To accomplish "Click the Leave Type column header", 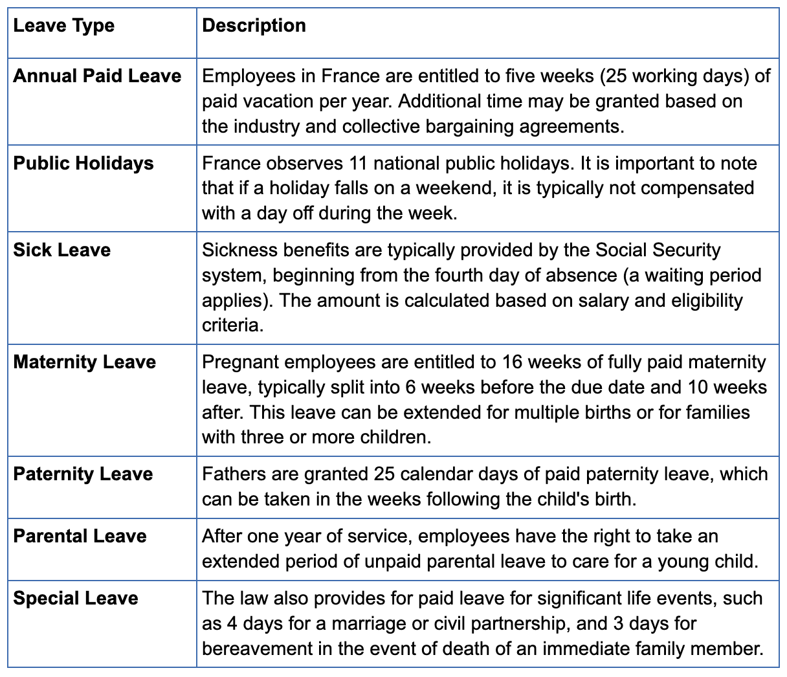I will point(64,26).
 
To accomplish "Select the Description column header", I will point(254,26).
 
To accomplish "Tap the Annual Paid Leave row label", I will point(97,76).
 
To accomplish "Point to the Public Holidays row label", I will point(83,163).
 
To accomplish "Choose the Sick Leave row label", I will point(62,250).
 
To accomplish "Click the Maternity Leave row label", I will point(85,362).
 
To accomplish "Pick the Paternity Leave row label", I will point(83,474).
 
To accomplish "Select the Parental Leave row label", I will point(80,537).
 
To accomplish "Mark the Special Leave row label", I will point(76,598).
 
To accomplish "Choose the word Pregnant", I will point(240,362).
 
